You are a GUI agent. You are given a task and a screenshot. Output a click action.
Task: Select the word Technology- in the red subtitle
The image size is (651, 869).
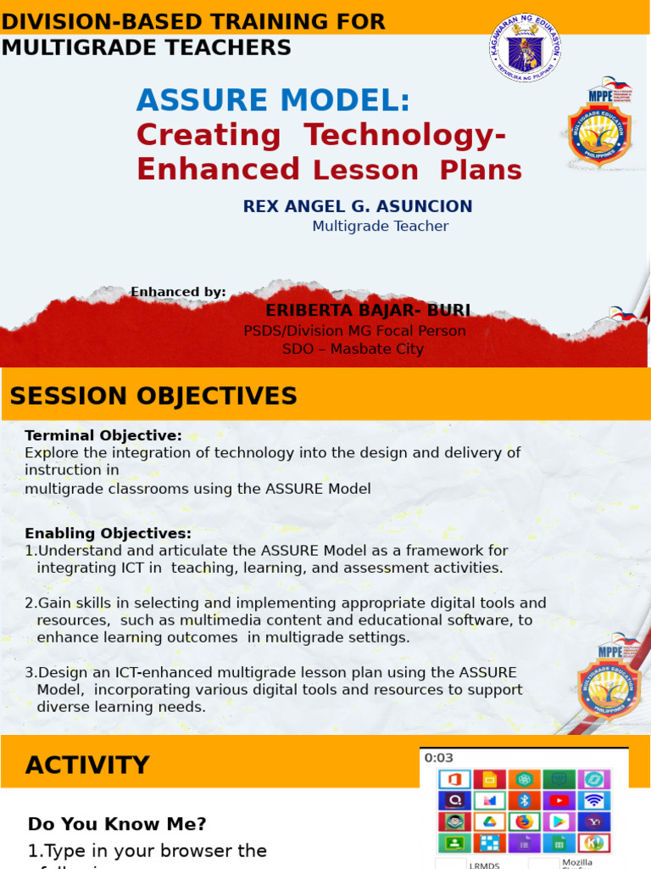click(405, 135)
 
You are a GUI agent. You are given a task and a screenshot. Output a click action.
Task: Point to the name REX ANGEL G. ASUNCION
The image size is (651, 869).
click(358, 206)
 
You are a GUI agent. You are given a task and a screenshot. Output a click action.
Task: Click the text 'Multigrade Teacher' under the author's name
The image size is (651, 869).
click(380, 227)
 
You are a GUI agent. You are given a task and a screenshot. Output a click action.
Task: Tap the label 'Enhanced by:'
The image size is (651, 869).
click(178, 292)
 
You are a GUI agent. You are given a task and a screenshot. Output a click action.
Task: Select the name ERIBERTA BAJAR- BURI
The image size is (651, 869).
click(368, 311)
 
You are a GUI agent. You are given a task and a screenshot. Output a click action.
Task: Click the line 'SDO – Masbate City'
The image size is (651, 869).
click(353, 349)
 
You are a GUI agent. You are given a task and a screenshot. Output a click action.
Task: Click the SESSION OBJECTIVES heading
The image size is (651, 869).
click(153, 396)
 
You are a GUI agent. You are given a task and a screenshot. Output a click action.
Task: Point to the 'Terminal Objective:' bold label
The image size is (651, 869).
click(103, 435)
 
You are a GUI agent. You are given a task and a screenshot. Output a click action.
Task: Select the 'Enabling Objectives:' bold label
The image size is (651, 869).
click(108, 533)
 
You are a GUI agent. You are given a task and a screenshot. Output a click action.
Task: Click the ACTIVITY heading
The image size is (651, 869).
click(87, 765)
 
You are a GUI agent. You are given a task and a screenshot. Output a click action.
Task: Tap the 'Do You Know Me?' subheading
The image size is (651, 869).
click(117, 824)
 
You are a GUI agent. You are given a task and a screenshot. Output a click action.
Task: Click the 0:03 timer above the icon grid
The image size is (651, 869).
click(439, 758)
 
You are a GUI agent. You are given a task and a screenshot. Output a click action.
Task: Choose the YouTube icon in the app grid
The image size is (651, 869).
click(559, 800)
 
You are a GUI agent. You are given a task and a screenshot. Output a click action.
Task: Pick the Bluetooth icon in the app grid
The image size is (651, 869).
click(525, 800)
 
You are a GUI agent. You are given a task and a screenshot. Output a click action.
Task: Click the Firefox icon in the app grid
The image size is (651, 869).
click(525, 821)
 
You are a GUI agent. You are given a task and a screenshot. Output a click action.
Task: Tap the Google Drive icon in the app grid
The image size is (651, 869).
click(489, 821)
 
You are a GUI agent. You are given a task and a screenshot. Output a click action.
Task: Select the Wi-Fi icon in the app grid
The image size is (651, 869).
click(594, 800)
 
